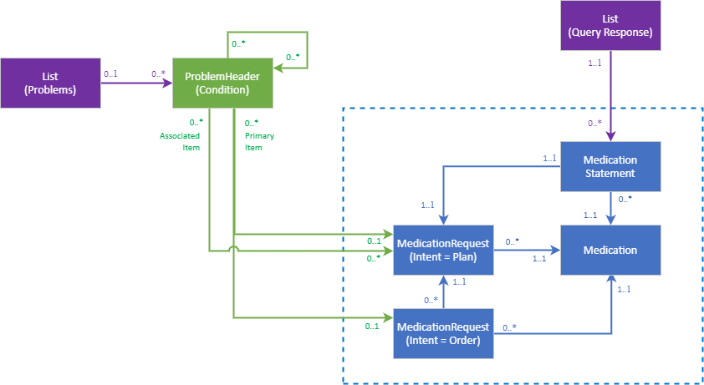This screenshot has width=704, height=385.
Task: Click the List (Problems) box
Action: (x=50, y=84)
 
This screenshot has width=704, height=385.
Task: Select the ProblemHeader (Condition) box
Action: (x=222, y=84)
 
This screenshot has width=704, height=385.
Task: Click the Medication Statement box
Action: (x=610, y=166)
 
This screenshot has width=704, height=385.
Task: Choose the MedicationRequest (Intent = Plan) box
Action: (x=443, y=250)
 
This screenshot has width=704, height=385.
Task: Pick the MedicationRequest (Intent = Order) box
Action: (x=443, y=333)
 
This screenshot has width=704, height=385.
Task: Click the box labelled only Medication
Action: (x=610, y=250)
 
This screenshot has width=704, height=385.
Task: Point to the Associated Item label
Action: (x=181, y=141)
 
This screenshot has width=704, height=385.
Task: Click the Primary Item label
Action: (x=258, y=141)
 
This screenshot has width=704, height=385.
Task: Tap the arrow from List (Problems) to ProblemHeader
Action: (x=136, y=84)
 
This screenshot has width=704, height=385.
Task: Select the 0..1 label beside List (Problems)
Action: (x=110, y=73)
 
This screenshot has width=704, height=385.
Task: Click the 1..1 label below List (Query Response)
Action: (x=594, y=63)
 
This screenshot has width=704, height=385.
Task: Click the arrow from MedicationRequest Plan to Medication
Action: (x=527, y=250)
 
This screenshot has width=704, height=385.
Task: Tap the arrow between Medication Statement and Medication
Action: (x=610, y=208)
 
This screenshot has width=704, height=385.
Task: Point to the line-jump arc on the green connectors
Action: (x=234, y=250)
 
